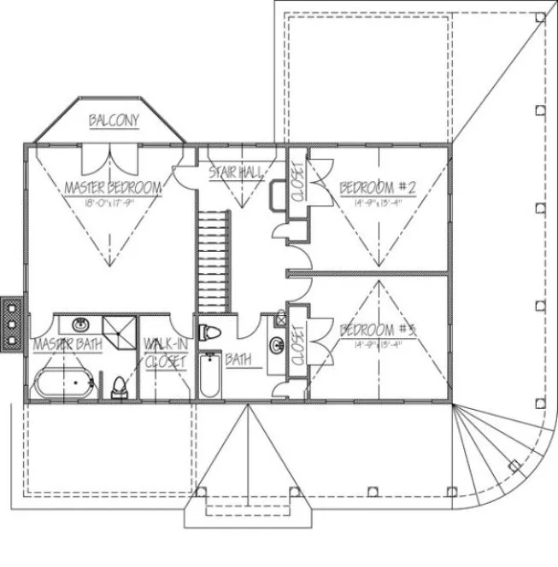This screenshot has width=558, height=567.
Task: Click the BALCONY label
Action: [114, 121]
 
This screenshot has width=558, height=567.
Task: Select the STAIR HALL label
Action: [236, 173]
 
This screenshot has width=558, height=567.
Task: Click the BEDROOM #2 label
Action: [377, 187]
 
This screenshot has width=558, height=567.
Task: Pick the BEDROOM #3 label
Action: [377, 330]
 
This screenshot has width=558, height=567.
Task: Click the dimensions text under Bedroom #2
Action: [377, 202]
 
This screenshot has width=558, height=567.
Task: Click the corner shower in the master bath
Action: [120, 330]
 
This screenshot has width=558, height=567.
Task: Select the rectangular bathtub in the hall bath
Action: [209, 377]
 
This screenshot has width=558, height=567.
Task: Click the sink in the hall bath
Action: [277, 345]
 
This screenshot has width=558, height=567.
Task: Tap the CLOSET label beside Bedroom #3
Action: [297, 344]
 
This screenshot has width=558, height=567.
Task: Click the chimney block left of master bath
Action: [12, 323]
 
